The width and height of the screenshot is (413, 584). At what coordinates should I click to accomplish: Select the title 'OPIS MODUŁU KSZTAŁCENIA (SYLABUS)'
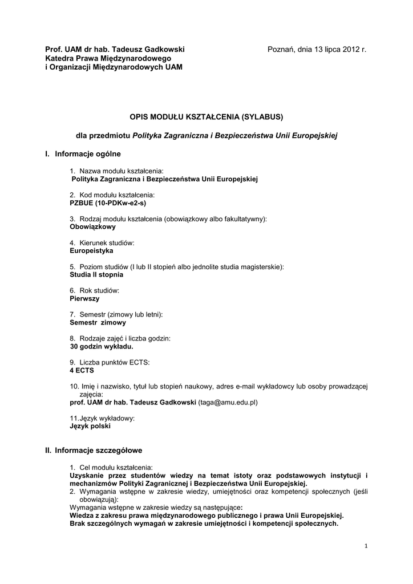[x=206, y=116]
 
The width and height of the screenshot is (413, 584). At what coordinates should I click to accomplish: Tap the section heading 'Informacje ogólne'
[x=88, y=154]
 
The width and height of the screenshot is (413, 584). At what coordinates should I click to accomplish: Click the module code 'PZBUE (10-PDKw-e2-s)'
[x=107, y=202]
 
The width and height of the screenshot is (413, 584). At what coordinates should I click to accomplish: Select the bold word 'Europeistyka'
[x=91, y=250]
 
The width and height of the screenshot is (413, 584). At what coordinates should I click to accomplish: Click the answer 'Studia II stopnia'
[x=96, y=274]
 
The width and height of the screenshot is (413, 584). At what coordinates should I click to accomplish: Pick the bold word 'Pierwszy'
[x=84, y=298]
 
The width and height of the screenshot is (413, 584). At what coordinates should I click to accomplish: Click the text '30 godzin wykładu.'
[x=102, y=346]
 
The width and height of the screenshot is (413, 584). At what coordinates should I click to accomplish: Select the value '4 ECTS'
[x=82, y=370]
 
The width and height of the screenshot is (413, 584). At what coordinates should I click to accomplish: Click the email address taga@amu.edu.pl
[x=228, y=402]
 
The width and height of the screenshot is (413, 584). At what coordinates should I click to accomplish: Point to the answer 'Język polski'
[x=90, y=426]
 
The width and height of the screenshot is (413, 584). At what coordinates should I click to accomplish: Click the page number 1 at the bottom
[x=366, y=546]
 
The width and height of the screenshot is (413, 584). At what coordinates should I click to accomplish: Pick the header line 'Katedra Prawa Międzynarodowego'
[x=108, y=58]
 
